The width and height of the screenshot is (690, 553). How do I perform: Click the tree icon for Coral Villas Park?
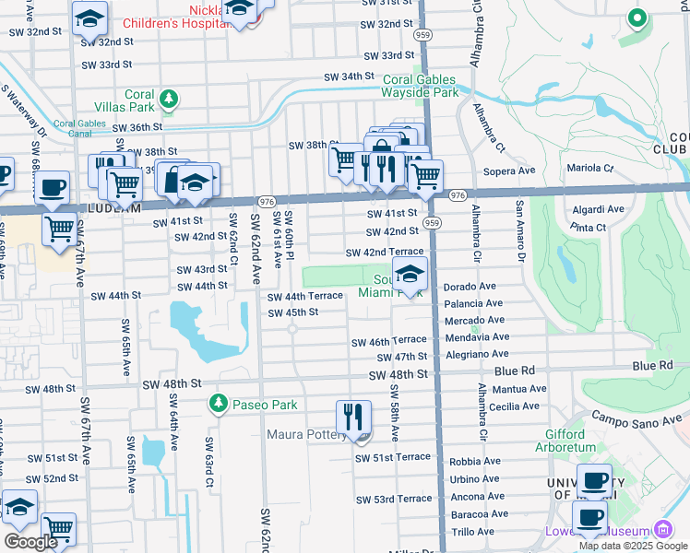(x=168, y=97)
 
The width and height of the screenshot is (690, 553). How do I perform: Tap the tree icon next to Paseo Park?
(x=218, y=404)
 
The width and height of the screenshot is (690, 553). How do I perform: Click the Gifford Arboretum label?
(x=558, y=441)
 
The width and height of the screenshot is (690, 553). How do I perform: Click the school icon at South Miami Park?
(x=410, y=273)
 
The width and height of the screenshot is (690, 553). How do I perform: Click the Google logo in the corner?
(x=30, y=542)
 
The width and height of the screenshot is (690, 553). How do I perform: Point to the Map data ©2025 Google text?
(x=633, y=546)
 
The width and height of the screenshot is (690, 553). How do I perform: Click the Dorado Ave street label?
(x=472, y=287)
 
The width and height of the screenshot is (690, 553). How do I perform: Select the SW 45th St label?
(x=292, y=312)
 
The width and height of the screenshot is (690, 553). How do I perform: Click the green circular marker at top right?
(x=636, y=18)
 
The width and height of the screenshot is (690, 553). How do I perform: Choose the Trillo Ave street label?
(x=472, y=532)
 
